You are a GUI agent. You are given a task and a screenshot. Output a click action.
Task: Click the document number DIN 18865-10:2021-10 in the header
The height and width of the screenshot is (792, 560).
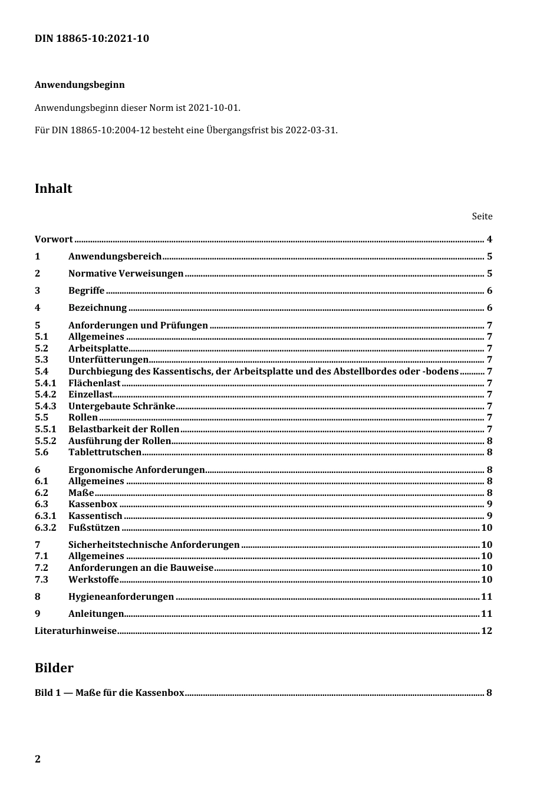point(91,39)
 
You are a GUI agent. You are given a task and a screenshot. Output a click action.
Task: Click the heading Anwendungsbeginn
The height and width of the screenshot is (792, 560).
point(80,85)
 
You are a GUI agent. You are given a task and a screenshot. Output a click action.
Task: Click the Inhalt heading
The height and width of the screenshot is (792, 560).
point(54,189)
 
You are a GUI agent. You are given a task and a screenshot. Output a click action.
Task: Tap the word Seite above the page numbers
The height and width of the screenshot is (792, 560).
point(482,216)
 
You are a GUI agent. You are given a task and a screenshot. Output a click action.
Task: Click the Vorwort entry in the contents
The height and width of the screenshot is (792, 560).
point(54,239)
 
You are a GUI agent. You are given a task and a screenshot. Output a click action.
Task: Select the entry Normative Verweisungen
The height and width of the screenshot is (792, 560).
point(126,274)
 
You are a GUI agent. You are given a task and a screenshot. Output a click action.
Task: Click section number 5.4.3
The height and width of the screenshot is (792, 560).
point(45,406)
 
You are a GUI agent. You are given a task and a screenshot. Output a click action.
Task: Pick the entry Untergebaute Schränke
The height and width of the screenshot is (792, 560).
point(121,406)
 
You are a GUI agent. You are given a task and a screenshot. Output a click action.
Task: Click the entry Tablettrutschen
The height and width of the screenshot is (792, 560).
point(105,452)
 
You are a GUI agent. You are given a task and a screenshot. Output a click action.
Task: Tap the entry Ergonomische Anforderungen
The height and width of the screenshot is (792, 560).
point(136,470)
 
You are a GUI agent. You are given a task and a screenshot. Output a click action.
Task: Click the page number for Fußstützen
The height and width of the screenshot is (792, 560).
point(486,528)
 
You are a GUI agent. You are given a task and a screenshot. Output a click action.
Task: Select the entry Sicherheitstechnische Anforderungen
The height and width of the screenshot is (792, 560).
point(154,545)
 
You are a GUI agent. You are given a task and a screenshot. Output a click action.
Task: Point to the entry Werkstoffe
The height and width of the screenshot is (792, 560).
point(93,580)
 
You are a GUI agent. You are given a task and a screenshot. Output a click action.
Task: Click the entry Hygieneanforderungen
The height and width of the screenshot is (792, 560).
point(121,597)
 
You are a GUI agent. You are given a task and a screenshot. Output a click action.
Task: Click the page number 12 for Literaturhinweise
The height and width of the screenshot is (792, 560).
point(486,631)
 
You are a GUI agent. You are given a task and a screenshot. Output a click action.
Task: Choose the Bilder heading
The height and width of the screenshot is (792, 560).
point(54,668)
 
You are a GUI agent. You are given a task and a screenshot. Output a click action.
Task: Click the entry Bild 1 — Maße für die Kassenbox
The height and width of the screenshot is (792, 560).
point(109,693)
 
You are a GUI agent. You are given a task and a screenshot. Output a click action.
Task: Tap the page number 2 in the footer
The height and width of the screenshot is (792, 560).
point(38,759)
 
